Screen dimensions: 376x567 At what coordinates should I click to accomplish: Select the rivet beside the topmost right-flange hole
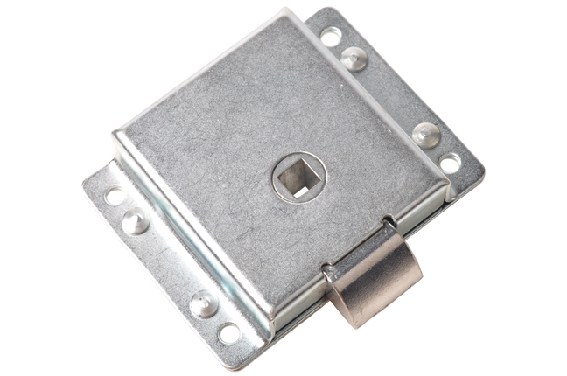coord(354,59)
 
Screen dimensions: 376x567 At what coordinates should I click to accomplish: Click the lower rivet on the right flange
coord(426,135)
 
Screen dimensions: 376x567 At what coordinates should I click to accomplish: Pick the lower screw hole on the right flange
coord(450,163)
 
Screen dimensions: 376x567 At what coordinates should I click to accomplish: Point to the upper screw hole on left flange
coord(115,196)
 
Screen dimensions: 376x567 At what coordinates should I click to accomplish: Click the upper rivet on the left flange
coord(136,221)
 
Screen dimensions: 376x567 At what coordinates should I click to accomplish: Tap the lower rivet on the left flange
coord(204,303)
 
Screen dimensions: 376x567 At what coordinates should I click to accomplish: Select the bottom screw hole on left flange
coord(228,333)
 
